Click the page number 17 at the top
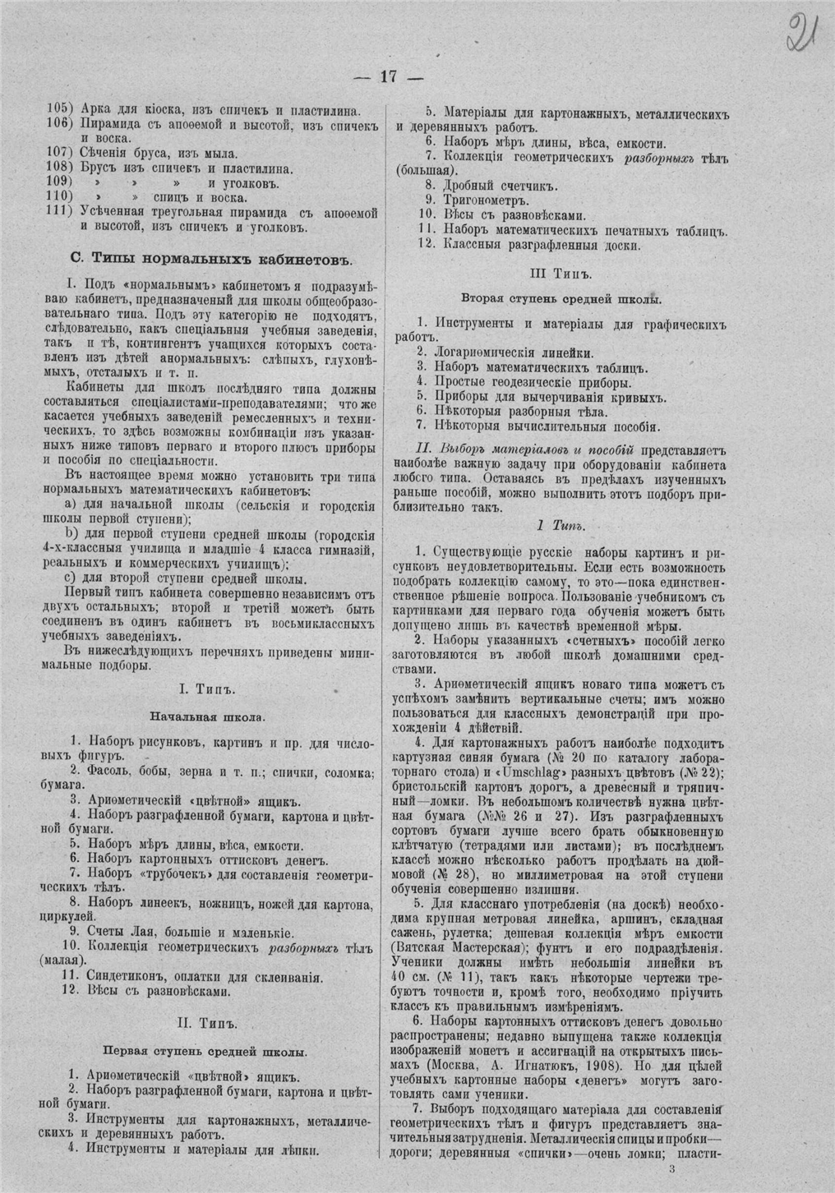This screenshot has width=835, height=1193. (388, 77)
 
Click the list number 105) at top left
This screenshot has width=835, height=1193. (60, 108)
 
